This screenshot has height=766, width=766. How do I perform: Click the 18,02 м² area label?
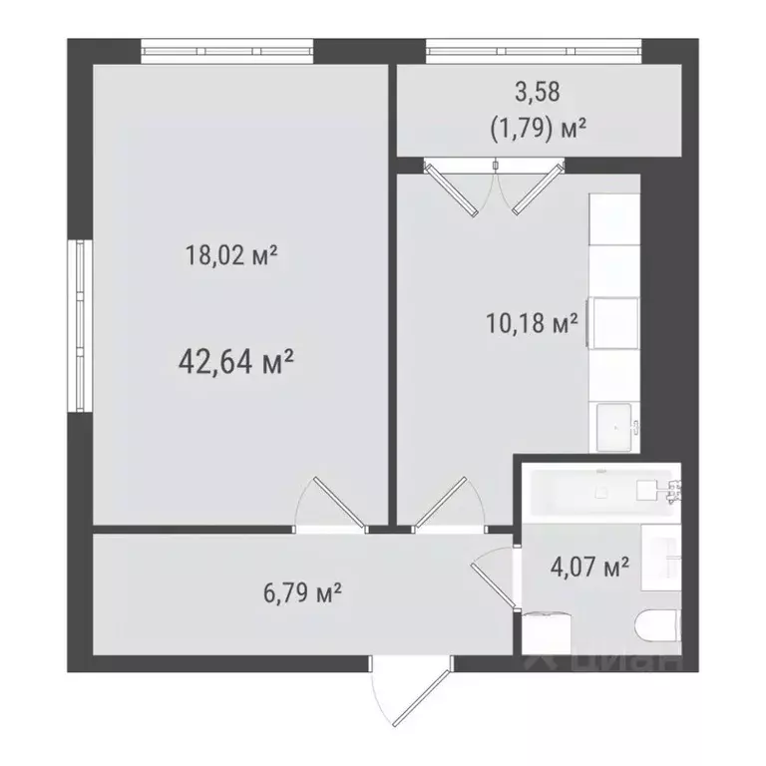pyautogui.click(x=230, y=255)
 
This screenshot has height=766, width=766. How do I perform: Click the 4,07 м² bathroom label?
pyautogui.click(x=589, y=569)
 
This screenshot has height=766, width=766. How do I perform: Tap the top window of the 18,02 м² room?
pyautogui.click(x=226, y=49)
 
